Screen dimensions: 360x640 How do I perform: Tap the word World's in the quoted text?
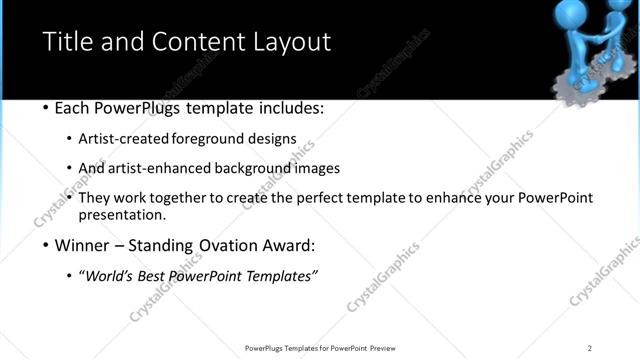pos(110,275)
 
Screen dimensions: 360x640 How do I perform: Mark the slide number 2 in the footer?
pos(590,348)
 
